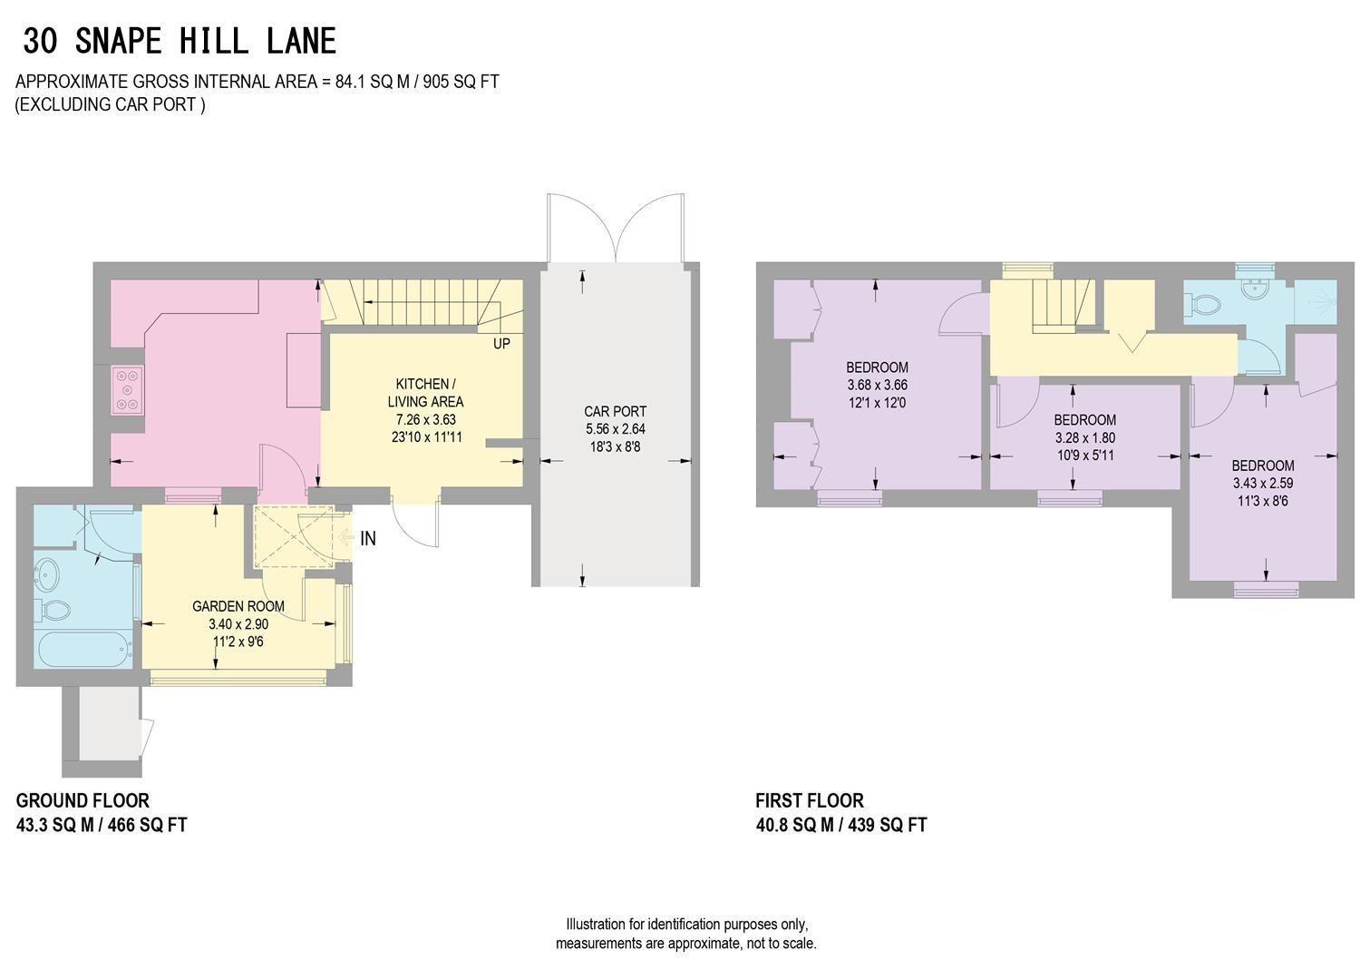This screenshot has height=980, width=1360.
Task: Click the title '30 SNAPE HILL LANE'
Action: pyautogui.click(x=180, y=42)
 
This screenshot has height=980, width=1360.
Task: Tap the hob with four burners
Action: pyautogui.click(x=126, y=389)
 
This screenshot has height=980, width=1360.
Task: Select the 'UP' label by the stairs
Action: pyautogui.click(x=501, y=344)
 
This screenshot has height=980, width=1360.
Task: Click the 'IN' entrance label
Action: pyautogui.click(x=367, y=538)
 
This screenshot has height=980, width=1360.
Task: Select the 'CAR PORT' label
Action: pyautogui.click(x=615, y=411)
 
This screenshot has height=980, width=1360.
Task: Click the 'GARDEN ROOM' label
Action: pyautogui.click(x=238, y=606)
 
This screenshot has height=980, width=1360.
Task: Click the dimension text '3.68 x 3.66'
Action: pyautogui.click(x=877, y=385)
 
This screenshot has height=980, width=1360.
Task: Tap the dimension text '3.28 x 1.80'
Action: pyautogui.click(x=1084, y=437)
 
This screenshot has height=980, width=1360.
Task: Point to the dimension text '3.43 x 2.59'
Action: pyautogui.click(x=1262, y=484)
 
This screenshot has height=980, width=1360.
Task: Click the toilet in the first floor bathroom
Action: pyautogui.click(x=1206, y=306)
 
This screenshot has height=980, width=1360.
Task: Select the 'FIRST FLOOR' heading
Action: pyautogui.click(x=810, y=800)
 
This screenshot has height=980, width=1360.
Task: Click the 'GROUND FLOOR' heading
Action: pyautogui.click(x=83, y=800)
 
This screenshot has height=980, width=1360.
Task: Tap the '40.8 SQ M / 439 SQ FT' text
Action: pyautogui.click(x=840, y=825)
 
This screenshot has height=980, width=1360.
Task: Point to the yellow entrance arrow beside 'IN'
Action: pyautogui.click(x=345, y=538)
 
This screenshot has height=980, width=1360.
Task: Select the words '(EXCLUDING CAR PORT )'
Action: pyautogui.click(x=110, y=104)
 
